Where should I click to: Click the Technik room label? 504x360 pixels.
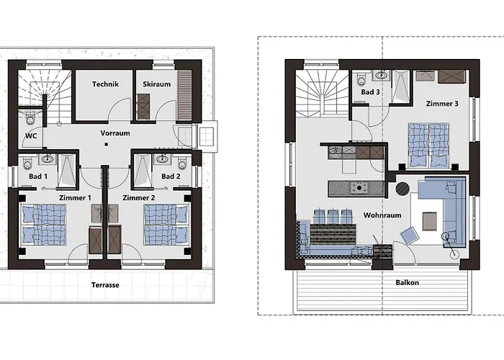tap(105, 84)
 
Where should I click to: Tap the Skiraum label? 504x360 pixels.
tap(156, 84)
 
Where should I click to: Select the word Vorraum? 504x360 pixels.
tap(115, 133)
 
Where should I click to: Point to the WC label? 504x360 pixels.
tap(31, 136)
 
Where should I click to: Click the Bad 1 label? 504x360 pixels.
tap(38, 176)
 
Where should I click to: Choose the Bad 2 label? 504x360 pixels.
tap(171, 176)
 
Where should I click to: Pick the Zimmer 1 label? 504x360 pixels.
tap(75, 198)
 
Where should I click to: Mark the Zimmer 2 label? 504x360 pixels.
tap(139, 198)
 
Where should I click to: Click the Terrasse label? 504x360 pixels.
tap(105, 285)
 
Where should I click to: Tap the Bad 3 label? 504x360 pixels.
tap(370, 92)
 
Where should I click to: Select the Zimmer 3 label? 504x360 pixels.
tap(442, 104)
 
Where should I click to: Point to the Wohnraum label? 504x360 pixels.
tap(382, 215)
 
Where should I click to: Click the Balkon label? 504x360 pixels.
tap(408, 283)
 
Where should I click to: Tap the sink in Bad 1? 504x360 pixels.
tap(48, 159)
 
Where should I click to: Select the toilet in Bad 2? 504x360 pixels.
tap(182, 163)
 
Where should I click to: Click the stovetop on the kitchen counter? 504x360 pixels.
tap(359, 188)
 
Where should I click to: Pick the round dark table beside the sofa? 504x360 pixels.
tap(402, 189)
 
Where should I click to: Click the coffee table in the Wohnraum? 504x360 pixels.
tap(429, 222)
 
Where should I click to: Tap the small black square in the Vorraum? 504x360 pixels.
tap(106, 145)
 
